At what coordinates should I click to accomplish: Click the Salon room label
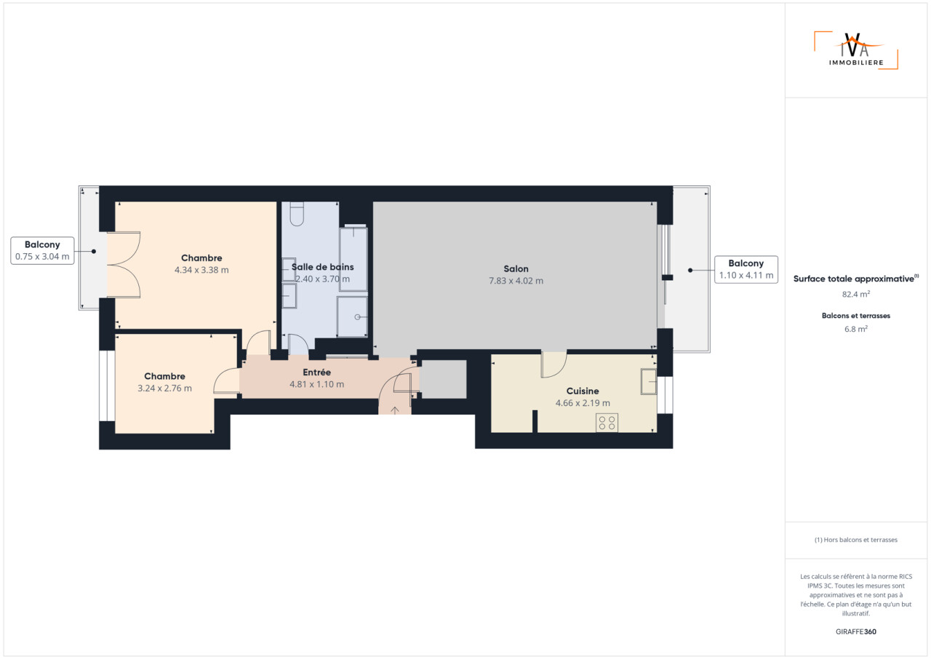point(516,269)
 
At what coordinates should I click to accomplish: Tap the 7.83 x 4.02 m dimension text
point(516,281)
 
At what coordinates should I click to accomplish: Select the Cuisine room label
point(583,391)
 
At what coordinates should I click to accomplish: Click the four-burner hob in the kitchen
point(607,423)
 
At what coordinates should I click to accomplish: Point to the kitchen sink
point(648,381)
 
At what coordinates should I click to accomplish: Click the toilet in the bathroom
point(297,214)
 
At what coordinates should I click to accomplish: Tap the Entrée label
point(316,372)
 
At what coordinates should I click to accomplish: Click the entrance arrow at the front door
point(394,410)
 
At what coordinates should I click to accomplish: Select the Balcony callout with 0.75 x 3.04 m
point(42,250)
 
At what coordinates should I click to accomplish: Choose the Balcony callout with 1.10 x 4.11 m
point(746,269)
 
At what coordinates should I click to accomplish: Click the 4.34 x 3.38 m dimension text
point(201,270)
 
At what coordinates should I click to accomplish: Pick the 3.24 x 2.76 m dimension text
point(164,388)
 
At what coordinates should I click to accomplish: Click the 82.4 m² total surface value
point(856,294)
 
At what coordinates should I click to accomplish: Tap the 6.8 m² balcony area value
point(856,329)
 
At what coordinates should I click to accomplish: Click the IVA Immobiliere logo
point(856,50)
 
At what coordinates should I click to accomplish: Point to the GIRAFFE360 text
point(856,631)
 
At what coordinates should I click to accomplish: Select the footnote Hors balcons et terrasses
point(856,540)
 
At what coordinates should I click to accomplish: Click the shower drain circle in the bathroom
point(357,317)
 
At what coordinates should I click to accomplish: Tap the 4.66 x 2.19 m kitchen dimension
point(583,403)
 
